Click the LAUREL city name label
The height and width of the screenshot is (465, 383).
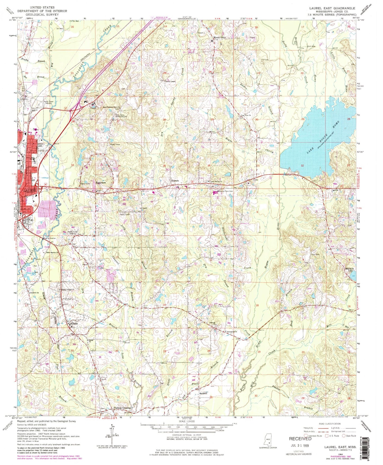coord(30,190)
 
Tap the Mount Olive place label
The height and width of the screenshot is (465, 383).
coord(220,38)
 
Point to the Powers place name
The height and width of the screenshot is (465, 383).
coord(174,181)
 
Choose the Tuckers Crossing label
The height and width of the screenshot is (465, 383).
coord(122,408)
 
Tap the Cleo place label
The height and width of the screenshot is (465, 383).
coord(256,180)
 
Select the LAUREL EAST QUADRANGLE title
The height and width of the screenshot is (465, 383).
coord(328,8)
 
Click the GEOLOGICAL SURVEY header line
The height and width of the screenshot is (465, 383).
coord(42,15)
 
